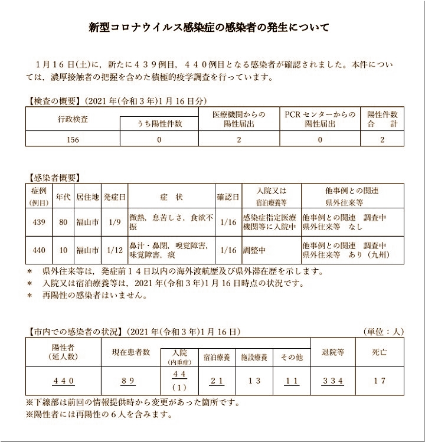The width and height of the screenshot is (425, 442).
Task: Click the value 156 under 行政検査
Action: point(73,139)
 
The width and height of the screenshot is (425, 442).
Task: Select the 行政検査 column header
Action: point(73,119)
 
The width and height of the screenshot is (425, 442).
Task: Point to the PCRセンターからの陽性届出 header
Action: point(320,119)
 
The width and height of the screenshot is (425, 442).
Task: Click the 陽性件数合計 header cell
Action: point(382,119)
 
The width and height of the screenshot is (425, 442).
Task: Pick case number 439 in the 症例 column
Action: point(39,222)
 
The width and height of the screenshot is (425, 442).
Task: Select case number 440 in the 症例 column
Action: point(39,250)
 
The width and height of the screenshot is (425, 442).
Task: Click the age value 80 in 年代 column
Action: point(63,222)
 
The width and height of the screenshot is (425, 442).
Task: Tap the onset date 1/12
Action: point(115,250)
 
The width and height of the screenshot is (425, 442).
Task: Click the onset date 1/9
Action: point(115,222)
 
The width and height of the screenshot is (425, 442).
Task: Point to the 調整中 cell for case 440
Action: point(256,250)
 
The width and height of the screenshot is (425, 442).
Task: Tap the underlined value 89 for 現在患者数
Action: point(131,381)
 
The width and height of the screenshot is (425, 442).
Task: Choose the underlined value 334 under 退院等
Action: point(333,381)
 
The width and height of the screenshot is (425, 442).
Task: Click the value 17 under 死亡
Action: point(380,381)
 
